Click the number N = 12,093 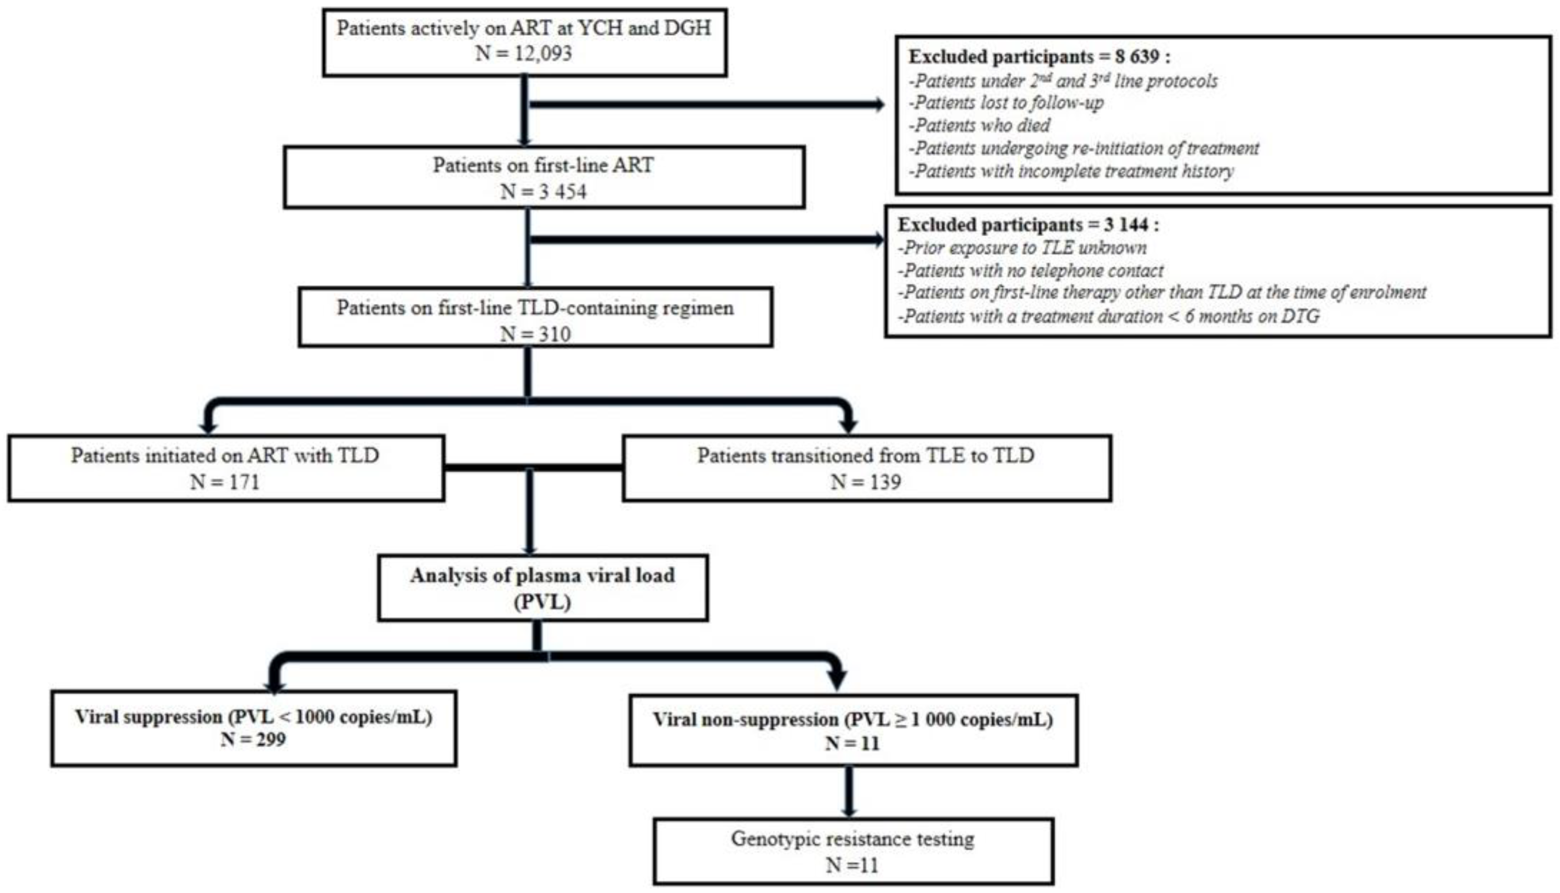pos(523,54)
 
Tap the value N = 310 pos(535,334)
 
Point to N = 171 pos(224,482)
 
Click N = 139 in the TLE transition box pos(866,482)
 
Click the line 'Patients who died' pos(980,126)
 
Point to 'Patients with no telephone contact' pos(1031,271)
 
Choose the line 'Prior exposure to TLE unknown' pos(1023,248)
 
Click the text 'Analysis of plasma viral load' pos(542,575)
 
